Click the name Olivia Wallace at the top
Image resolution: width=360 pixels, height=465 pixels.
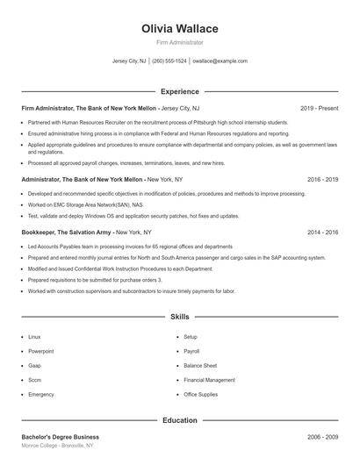179,29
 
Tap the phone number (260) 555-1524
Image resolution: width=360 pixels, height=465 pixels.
169,61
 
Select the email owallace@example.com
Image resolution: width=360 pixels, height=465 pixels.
220,61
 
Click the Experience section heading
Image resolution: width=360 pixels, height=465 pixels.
179,91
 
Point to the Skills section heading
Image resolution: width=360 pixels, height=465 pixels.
179,316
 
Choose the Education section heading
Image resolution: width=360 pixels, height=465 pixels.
179,420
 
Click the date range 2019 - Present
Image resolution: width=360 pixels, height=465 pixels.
319,108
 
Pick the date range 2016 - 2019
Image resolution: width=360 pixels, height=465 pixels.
323,179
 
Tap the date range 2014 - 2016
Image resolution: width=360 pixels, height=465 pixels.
323,232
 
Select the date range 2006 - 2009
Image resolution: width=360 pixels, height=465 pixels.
323,436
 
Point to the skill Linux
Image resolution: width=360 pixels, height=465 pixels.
34,337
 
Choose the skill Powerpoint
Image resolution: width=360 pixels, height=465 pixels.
40,351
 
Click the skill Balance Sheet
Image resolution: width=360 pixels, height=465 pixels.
200,366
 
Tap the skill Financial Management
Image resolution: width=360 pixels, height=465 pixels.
209,380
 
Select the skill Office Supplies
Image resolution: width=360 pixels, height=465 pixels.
201,395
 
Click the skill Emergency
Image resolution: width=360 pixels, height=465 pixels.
40,395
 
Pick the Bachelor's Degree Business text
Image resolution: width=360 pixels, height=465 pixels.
60,436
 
